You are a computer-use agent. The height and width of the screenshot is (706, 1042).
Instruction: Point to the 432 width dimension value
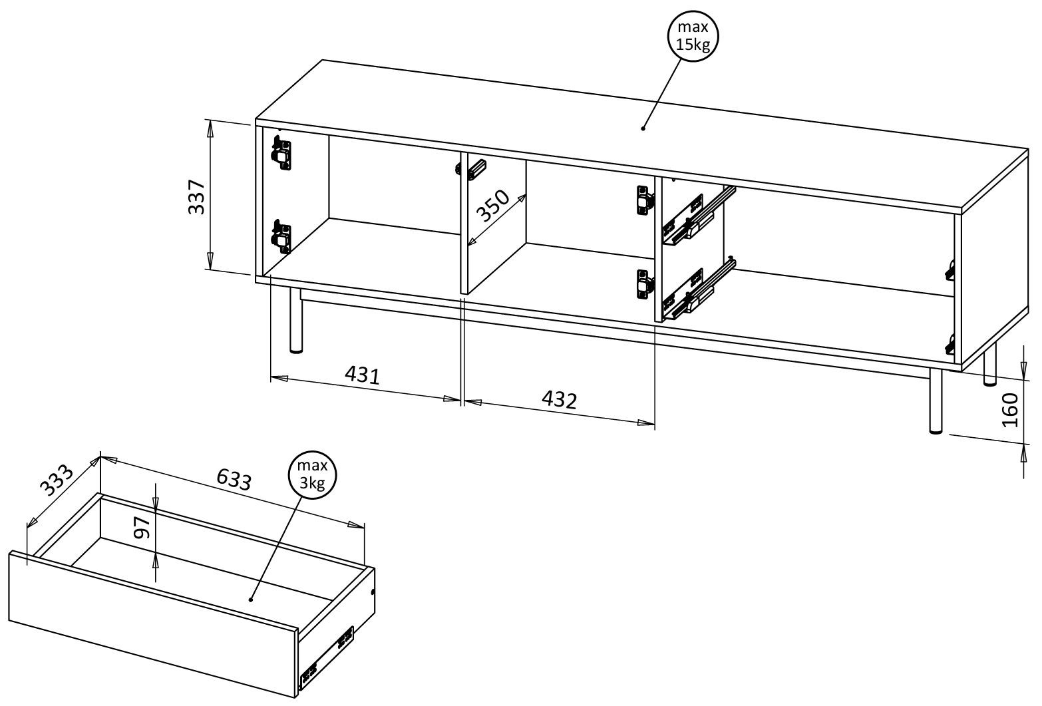(559, 400)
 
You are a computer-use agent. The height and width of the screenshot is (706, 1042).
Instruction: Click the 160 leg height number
(1009, 410)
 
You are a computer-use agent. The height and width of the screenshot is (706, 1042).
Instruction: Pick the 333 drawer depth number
(57, 479)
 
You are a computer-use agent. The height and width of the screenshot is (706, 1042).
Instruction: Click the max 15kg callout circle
(693, 37)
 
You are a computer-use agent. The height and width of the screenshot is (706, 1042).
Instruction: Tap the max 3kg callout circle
(312, 475)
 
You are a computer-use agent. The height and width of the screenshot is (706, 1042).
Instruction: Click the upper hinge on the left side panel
(282, 152)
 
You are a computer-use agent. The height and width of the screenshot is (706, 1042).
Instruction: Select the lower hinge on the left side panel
(282, 236)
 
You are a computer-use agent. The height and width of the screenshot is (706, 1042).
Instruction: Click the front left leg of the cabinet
(296, 320)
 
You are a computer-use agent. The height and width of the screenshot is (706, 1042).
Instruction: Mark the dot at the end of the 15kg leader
(643, 128)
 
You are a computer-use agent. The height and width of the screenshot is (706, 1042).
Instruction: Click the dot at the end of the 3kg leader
(251, 600)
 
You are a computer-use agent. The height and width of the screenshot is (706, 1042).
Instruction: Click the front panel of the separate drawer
(152, 624)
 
